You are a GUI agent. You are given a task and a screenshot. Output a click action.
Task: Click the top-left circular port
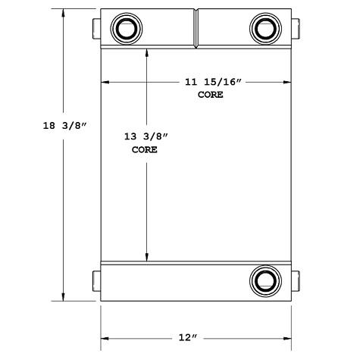coord(124,29)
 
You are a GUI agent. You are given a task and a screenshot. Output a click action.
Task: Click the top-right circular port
coord(265,29)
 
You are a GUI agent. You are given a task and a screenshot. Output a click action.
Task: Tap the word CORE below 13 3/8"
coord(144,150)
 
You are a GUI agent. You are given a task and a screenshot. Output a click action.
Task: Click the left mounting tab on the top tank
coord(96,28)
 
